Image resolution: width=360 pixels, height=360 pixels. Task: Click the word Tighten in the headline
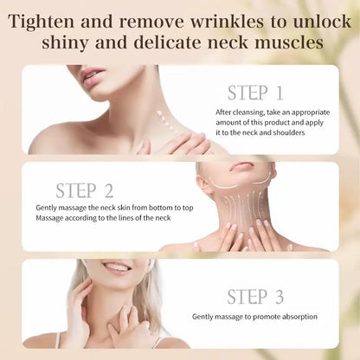(62, 18)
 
